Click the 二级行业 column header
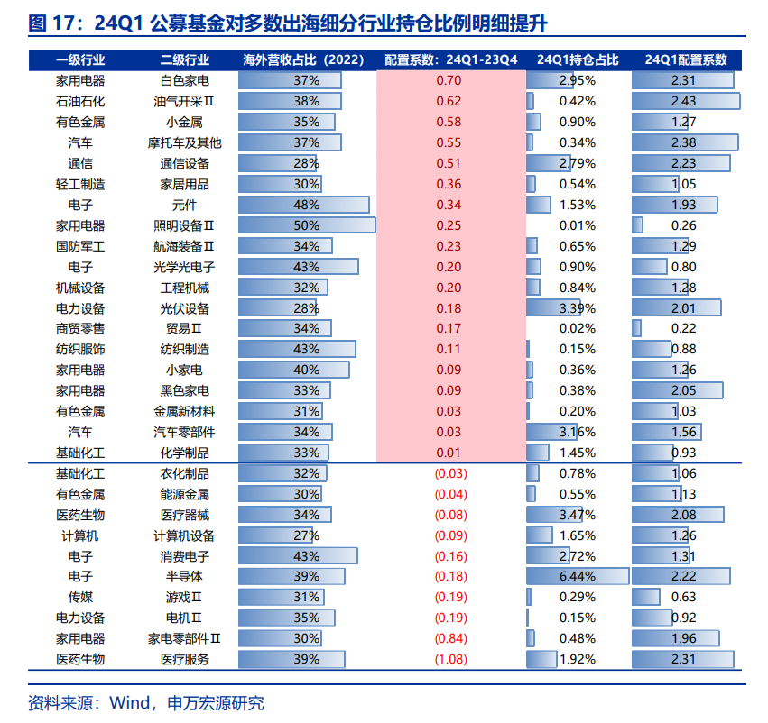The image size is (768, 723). [x=184, y=60]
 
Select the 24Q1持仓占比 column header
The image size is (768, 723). [x=578, y=60]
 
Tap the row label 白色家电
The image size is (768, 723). [x=184, y=81]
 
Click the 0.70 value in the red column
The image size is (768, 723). [x=449, y=81]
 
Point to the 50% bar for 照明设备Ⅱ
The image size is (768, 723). [x=307, y=225]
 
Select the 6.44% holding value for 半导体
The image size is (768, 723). [x=578, y=576]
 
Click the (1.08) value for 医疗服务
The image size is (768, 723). [x=450, y=659]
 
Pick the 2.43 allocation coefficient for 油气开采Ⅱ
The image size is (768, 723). [x=683, y=101]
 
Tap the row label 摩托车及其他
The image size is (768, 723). [x=184, y=142]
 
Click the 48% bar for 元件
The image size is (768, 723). [x=307, y=205]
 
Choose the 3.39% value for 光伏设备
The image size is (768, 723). [x=578, y=308]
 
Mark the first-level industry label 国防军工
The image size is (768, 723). [x=80, y=246]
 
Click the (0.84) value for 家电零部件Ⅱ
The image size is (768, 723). [x=450, y=638]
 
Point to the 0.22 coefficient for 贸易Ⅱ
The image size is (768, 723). [x=684, y=329]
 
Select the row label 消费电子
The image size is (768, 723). [x=184, y=555]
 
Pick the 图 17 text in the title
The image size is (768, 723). [x=51, y=22]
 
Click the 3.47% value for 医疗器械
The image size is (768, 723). [x=578, y=514]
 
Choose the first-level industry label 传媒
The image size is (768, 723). [x=80, y=597]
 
